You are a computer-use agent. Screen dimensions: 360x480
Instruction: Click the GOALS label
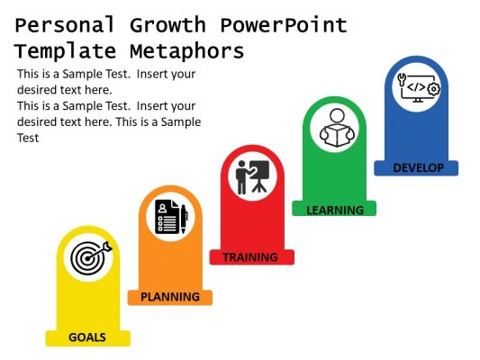87,337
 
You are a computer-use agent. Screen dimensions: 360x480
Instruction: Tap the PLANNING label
170,296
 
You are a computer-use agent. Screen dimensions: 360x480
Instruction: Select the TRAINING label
250,257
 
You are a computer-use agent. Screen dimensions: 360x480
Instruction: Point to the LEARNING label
335,210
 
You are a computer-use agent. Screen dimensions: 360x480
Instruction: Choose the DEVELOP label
418,167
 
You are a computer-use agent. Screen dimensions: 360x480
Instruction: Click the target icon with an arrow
89,258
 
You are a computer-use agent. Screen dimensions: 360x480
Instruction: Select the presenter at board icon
252,176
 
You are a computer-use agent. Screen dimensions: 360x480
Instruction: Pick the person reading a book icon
334,127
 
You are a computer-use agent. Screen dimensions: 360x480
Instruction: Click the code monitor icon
417,87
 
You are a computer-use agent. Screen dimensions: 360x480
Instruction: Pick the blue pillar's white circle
417,87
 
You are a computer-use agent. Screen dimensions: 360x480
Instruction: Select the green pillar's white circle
334,127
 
